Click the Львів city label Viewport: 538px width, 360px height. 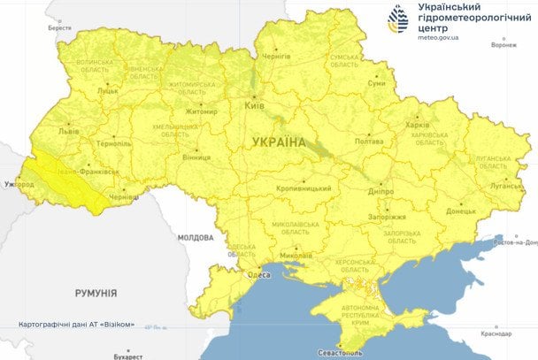(x=68, y=131)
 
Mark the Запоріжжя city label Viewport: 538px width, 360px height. (x=386, y=217)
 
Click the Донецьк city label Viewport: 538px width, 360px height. (x=461, y=211)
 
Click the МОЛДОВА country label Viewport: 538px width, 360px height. (x=195, y=238)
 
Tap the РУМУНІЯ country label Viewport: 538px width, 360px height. (x=96, y=293)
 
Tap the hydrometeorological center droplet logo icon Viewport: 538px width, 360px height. (x=398, y=19)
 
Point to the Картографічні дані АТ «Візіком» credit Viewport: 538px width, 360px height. (x=76, y=325)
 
